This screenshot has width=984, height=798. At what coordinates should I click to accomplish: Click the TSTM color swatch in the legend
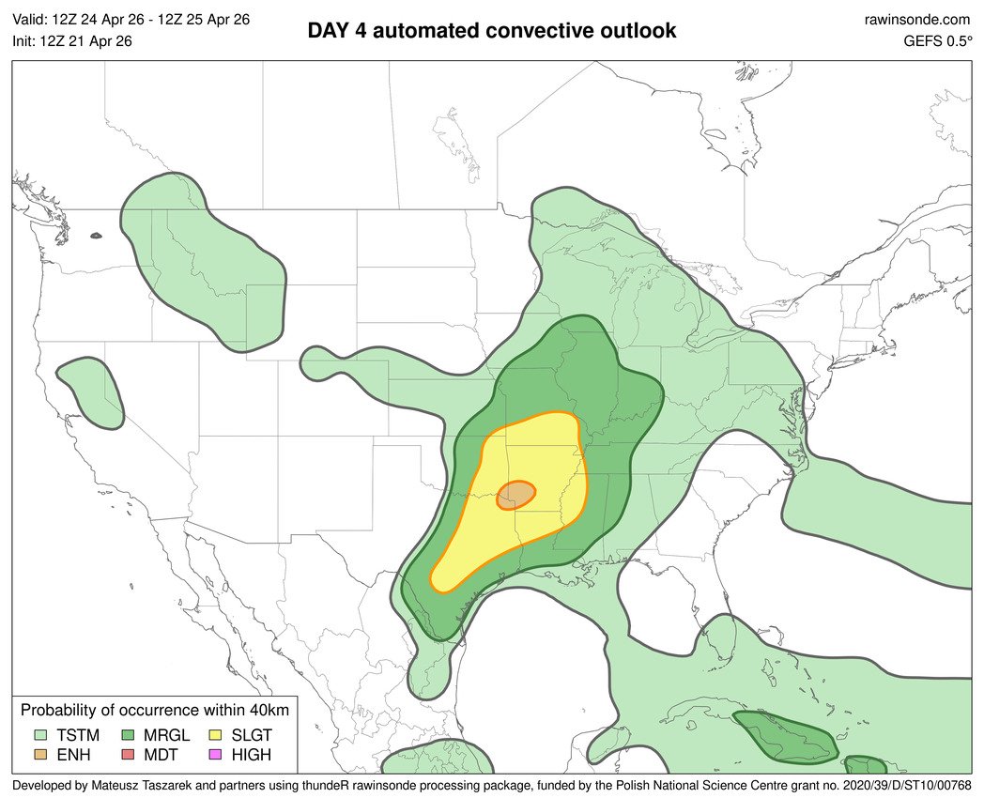point(42,734)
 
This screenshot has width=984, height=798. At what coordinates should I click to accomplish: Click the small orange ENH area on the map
point(517,494)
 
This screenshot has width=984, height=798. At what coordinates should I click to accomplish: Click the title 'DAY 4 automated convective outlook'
point(492,31)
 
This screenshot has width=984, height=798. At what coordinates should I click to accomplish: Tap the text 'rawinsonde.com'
point(917,19)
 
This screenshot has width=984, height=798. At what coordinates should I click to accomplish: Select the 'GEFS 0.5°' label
point(937,40)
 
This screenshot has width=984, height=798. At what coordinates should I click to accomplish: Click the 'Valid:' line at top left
point(131,19)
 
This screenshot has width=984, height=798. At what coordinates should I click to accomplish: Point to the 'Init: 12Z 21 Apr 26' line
point(72,40)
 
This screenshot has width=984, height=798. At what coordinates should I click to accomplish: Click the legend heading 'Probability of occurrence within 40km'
point(155,710)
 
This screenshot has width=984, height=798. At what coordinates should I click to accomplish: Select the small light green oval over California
point(91,394)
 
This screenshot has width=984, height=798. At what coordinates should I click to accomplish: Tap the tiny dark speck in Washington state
point(96,236)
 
